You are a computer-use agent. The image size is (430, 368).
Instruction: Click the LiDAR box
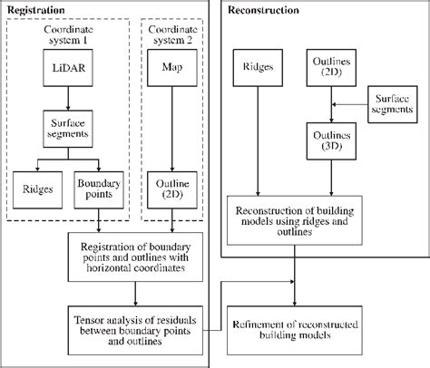(x=71, y=68)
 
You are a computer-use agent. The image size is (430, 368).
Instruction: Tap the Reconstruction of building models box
(x=294, y=219)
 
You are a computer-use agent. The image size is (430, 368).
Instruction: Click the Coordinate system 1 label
(x=69, y=34)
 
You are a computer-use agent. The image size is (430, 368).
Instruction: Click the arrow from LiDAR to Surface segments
(x=70, y=99)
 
